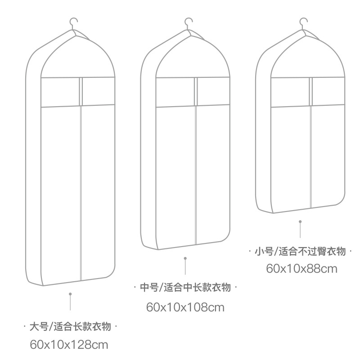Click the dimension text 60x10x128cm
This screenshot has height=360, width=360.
69,345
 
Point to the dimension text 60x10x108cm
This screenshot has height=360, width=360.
185,307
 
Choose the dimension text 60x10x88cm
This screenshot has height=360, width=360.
301,269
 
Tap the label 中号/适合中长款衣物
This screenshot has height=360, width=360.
185,287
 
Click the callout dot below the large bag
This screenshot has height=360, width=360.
70,294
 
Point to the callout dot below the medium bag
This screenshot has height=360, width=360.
185,258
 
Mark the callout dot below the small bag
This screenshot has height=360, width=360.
300,221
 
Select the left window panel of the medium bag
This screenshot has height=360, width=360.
175,92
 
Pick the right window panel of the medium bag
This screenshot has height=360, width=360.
213,91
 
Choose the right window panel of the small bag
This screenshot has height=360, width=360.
328,91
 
